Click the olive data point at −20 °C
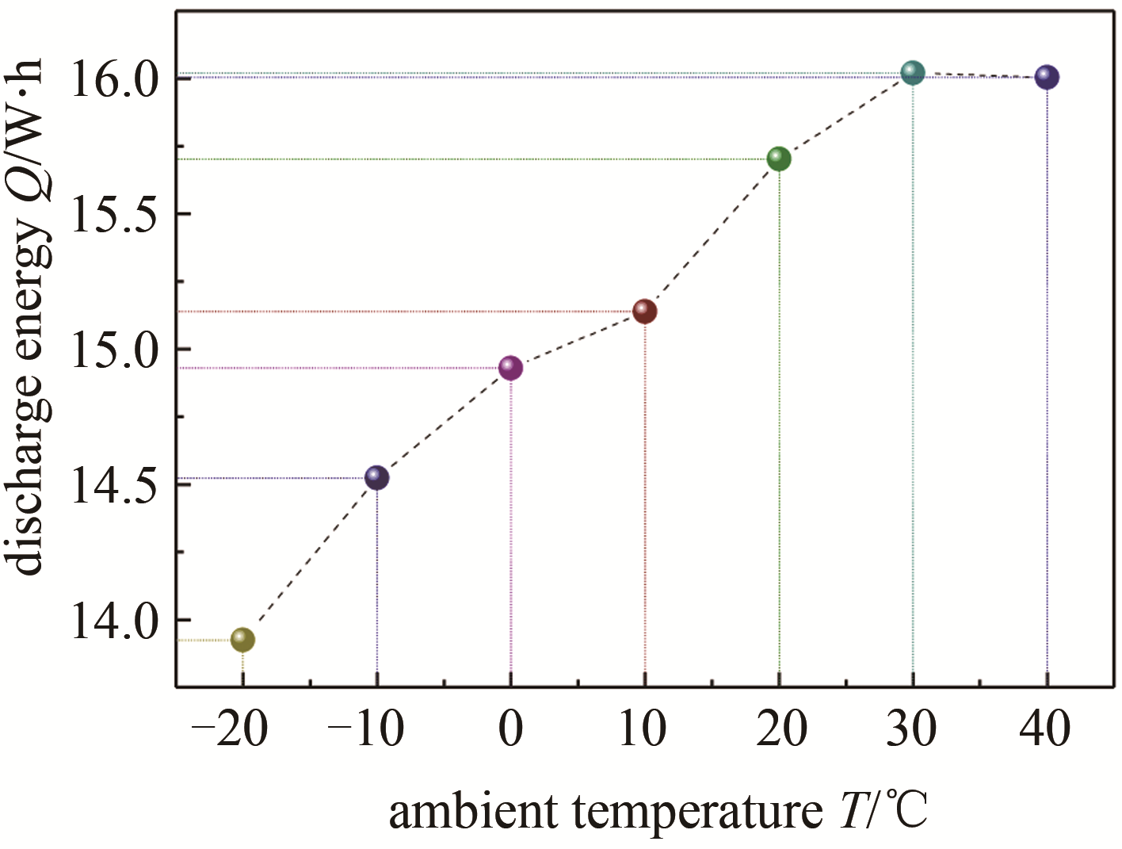242,640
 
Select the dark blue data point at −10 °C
377,478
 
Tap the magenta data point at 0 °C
511,368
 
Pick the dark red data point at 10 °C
645,312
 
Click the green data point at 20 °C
779,159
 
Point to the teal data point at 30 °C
914,73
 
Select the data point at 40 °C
1048,78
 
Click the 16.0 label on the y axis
115,80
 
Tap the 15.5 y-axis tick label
115,214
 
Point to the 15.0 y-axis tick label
115,350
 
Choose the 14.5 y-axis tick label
115,484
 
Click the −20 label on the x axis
231,729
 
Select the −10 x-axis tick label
365,729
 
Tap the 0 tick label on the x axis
511,729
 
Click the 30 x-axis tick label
912,729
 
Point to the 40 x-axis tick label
1046,729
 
